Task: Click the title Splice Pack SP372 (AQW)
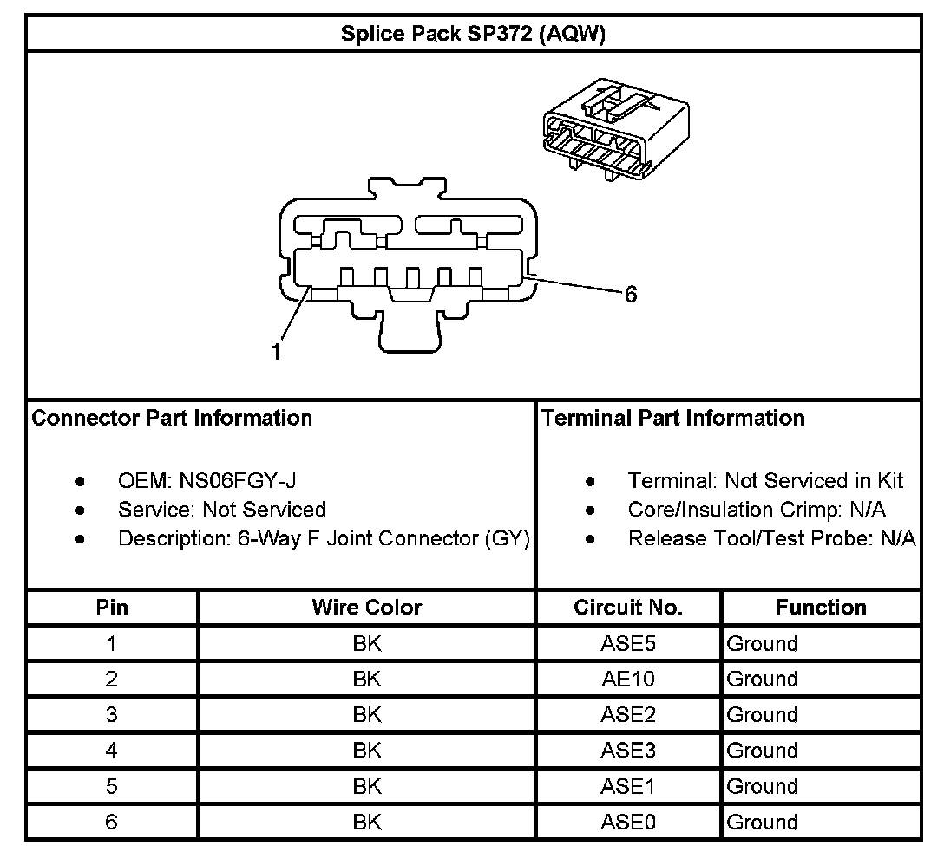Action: (473, 34)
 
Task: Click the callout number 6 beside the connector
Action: (631, 295)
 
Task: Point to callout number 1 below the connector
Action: (277, 352)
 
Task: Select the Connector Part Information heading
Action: (172, 419)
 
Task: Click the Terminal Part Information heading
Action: (673, 419)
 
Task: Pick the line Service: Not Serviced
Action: (222, 510)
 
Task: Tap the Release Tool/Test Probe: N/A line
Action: (771, 538)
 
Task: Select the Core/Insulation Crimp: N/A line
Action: (757, 510)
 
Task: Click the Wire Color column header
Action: (367, 608)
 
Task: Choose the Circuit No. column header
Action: (628, 608)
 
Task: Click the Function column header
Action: (821, 608)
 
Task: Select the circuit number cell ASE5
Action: (628, 644)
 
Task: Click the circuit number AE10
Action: (628, 680)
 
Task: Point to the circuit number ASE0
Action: (628, 822)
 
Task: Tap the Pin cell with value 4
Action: (112, 751)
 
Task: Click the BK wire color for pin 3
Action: (367, 715)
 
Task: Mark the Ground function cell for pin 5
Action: (762, 786)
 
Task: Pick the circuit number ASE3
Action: (628, 751)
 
